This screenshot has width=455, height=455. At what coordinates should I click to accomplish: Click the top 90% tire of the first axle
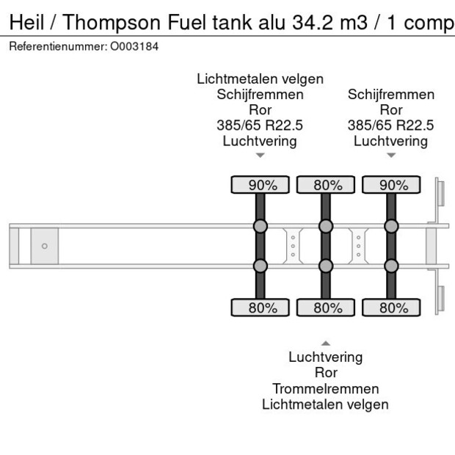pos(260,185)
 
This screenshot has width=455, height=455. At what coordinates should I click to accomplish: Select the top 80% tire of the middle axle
pos(325,185)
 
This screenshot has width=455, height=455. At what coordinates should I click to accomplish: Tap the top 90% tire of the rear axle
pos(390,185)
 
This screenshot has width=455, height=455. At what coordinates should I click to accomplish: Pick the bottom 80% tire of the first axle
pos(260,307)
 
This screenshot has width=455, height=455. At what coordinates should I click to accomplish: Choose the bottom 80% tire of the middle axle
pos(325,307)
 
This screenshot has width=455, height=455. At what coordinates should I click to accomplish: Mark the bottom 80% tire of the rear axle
pos(390,307)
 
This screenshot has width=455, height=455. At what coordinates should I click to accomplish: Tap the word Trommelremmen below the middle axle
pos(325,388)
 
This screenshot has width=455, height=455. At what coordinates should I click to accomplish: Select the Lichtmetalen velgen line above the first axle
pos(260,79)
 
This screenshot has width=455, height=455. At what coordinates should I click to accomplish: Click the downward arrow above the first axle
pos(260,156)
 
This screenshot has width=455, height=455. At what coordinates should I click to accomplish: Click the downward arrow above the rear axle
pos(390,156)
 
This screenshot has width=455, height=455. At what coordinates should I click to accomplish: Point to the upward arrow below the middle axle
pos(325,343)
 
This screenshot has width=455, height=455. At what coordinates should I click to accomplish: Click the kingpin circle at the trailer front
pos(44,246)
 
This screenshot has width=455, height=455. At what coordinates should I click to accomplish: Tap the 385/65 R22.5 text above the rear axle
pos(390,125)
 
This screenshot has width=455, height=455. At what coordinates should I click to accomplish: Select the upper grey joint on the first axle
pos(260,225)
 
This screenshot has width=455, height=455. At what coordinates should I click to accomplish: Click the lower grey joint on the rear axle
pos(390,265)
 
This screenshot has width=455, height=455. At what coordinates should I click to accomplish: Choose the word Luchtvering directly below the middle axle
pos(325,357)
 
